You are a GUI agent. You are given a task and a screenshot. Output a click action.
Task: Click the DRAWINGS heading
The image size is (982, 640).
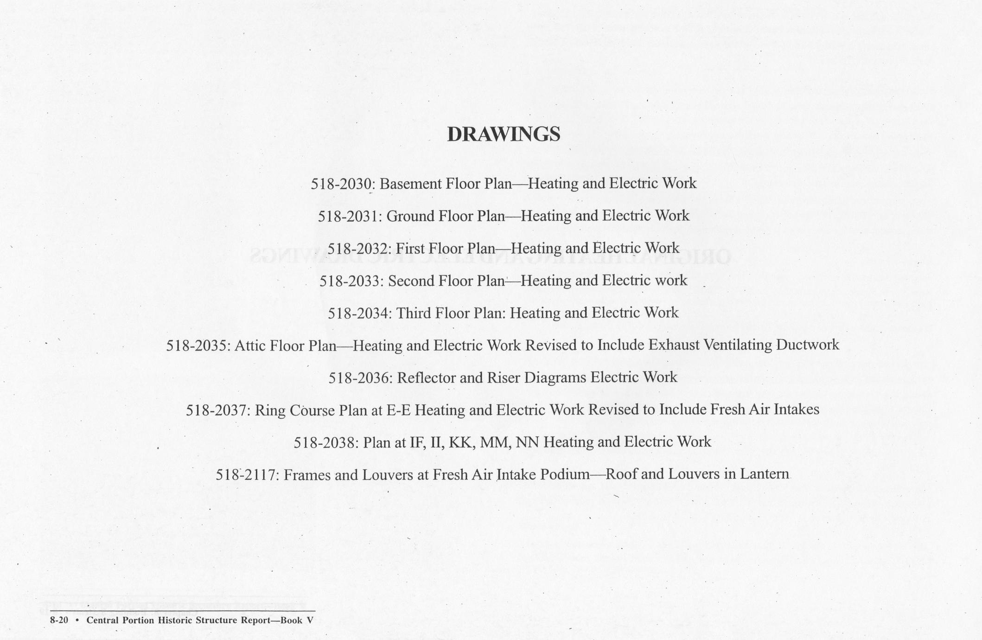point(504,134)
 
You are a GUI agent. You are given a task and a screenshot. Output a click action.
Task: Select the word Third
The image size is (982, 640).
point(414,313)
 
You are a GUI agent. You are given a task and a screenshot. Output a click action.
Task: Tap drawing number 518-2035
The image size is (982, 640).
point(197,346)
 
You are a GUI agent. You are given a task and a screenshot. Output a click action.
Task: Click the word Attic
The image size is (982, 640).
point(250,346)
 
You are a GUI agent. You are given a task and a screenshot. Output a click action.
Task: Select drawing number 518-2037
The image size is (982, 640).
point(217,410)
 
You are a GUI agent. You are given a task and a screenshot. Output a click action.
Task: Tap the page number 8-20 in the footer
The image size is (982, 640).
point(59,621)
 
